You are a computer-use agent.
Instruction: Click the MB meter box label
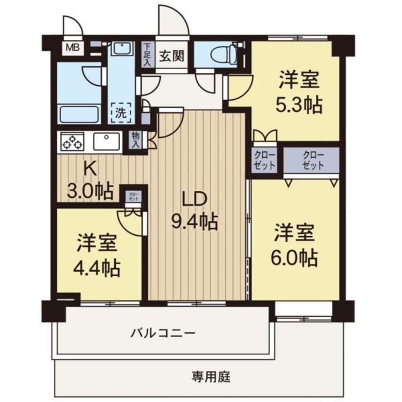click(73, 47)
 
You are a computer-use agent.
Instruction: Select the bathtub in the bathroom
click(79, 114)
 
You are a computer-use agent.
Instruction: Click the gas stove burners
click(72, 142)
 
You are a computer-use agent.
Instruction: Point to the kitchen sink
click(107, 142)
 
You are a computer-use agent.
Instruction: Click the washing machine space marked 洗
click(121, 113)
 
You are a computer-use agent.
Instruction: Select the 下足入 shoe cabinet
click(147, 55)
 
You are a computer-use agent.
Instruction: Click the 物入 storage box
click(136, 140)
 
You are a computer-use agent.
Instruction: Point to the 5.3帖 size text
click(299, 105)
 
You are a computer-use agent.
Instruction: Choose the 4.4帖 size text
click(96, 267)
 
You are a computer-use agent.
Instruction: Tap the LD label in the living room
click(194, 199)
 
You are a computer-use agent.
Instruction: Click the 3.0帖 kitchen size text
click(90, 191)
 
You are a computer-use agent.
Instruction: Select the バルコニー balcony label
click(163, 333)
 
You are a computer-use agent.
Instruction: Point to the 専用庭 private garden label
click(211, 377)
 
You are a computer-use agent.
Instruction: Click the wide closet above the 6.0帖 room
click(311, 161)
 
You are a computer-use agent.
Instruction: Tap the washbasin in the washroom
click(122, 49)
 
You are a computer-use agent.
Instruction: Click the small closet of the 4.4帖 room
click(133, 197)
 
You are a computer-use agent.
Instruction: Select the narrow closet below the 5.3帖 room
click(265, 160)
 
